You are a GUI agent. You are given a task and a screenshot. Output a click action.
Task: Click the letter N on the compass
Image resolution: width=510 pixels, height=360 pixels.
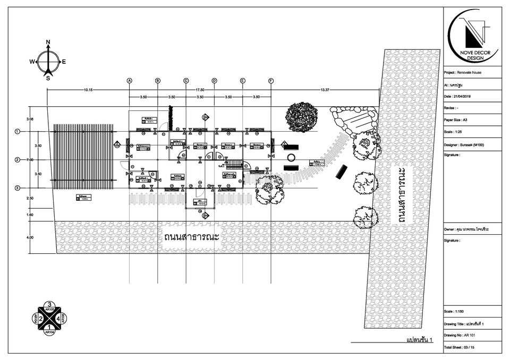[x=48, y=41]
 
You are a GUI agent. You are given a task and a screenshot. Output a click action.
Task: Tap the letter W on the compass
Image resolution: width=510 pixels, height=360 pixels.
[x=32, y=62]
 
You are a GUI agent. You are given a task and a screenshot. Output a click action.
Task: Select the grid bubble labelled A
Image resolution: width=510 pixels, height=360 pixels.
[x=129, y=81]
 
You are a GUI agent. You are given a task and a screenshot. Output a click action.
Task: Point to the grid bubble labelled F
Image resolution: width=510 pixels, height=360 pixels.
[x=271, y=81]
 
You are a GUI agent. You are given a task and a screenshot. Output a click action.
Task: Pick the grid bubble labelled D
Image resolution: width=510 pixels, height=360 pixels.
[x=215, y=81]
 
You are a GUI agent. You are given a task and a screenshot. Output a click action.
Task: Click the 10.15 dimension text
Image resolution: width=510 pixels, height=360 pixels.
[x=88, y=90]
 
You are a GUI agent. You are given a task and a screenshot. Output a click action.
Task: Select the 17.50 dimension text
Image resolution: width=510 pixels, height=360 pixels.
[x=200, y=90]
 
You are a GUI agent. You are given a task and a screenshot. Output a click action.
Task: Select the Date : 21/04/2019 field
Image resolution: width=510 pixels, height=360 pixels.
[x=461, y=96]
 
